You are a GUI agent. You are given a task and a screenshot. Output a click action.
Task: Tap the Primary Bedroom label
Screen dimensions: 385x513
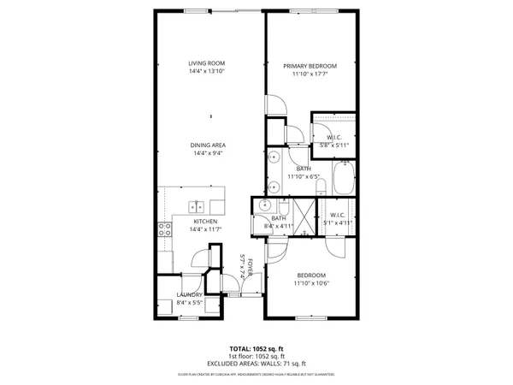click(x=310, y=66)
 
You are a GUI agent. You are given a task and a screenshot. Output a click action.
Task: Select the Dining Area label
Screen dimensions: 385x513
click(x=208, y=145)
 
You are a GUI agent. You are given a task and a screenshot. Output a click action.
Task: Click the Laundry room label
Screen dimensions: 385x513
click(x=190, y=294)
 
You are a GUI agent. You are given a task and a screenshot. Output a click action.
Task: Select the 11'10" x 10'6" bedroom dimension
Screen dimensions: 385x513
click(x=310, y=283)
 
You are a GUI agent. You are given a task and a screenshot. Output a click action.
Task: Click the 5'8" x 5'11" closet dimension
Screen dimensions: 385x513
click(x=334, y=145)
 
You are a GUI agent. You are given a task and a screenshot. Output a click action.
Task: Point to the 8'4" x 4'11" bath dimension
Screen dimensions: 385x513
click(x=279, y=226)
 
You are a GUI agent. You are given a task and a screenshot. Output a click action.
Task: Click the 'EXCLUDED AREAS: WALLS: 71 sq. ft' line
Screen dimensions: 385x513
click(x=256, y=365)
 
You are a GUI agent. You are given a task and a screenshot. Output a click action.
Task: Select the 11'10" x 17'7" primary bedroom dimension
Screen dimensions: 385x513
click(x=310, y=74)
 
